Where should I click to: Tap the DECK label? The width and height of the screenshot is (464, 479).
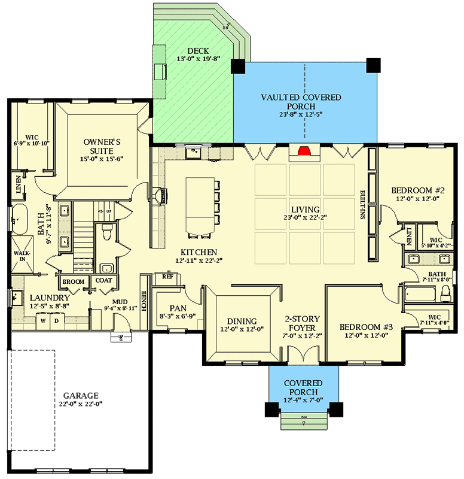[x=197, y=51]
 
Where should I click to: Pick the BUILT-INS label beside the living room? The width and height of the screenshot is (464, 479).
[x=362, y=205]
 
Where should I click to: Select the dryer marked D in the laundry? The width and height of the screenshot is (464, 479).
[x=57, y=320]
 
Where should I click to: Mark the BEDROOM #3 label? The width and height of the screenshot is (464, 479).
[x=366, y=328]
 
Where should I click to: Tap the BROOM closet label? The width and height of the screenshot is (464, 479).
[x=73, y=281]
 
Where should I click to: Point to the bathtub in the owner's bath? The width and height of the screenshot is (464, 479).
[x=22, y=220]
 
